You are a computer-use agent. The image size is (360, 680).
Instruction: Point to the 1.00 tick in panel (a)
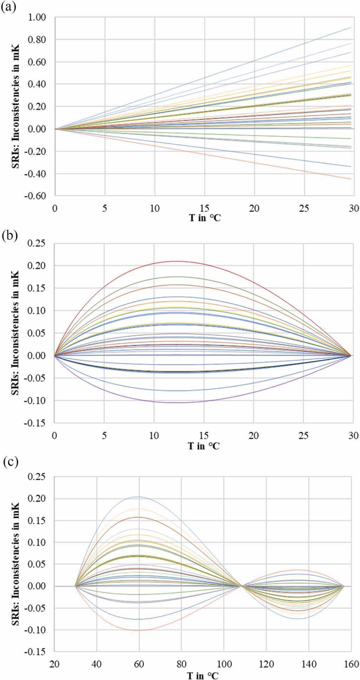pyautogui.click(x=37, y=17)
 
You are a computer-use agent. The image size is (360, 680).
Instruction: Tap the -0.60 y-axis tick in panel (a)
pyautogui.click(x=35, y=196)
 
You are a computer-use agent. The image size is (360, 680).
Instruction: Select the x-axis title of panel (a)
pyautogui.click(x=205, y=218)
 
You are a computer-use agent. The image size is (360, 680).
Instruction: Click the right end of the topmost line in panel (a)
pyautogui.click(x=351, y=27)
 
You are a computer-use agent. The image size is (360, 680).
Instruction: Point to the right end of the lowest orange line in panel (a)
pyautogui.click(x=351, y=179)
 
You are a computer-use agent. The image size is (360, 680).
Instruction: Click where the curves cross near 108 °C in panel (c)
pyautogui.click(x=242, y=586)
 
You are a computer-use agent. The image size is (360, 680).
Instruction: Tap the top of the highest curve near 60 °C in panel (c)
pyautogui.click(x=139, y=497)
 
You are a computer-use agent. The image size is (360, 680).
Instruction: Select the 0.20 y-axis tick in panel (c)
pyautogui.click(x=38, y=499)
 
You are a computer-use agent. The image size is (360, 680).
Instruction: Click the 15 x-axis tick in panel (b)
pyautogui.click(x=204, y=436)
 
